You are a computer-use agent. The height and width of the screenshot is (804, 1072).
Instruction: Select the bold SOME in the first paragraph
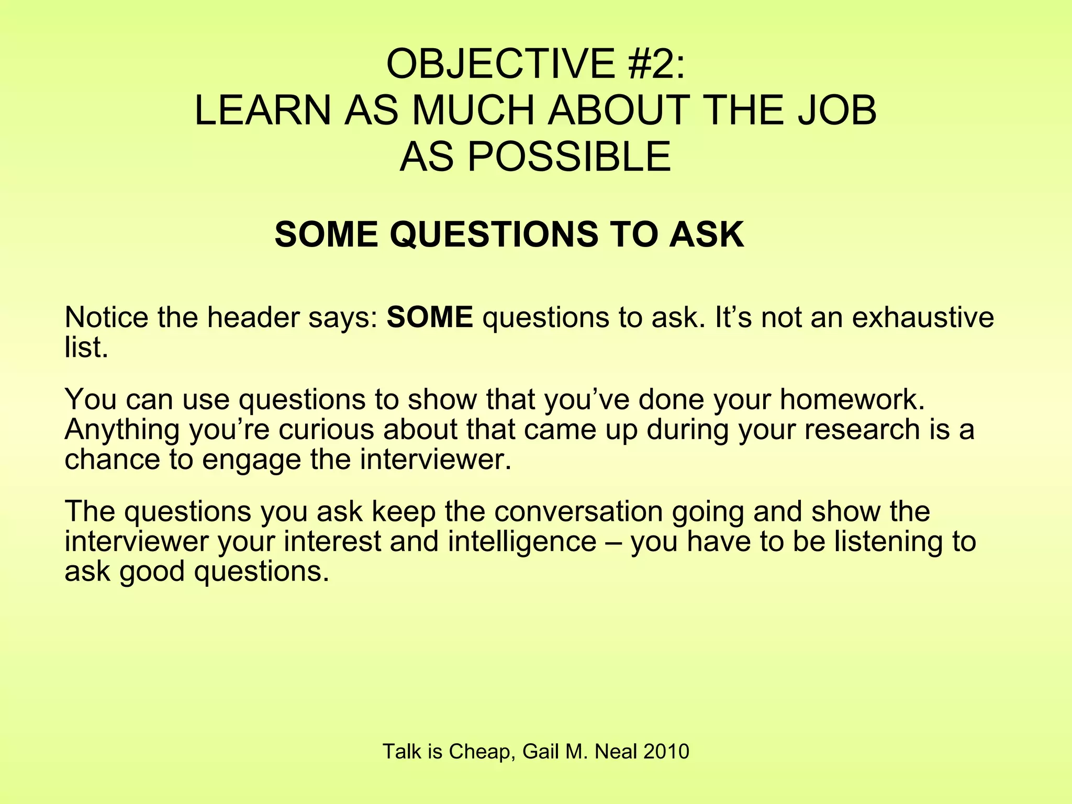pos(430,317)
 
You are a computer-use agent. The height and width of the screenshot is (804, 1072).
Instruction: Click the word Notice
pos(106,317)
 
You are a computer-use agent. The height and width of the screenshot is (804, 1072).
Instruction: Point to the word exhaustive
pos(923,317)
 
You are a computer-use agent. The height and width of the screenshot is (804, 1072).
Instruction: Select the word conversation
pos(578,511)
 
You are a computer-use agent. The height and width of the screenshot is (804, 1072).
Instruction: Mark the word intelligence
pos(522,541)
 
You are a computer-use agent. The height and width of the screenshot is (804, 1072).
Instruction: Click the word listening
pos(897,541)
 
